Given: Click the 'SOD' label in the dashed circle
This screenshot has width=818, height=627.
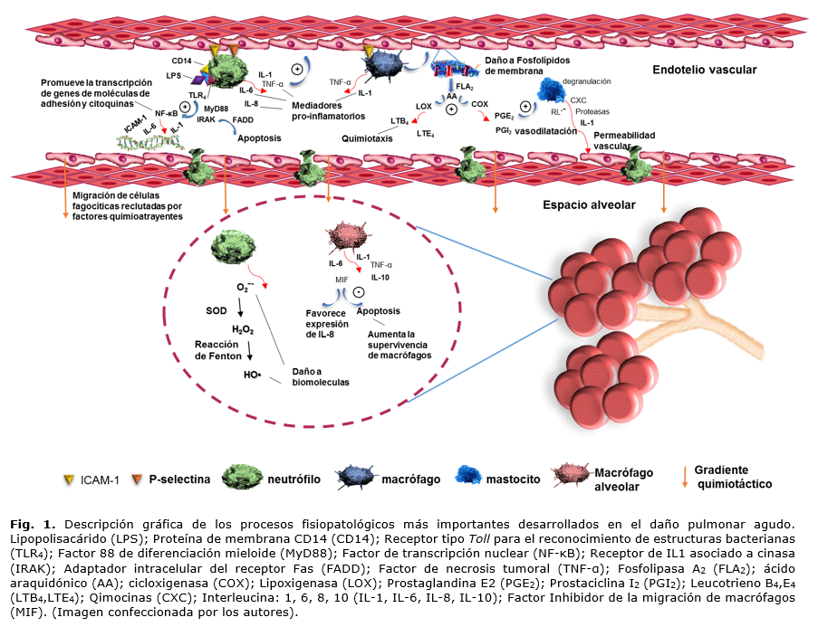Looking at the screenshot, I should [x=216, y=309].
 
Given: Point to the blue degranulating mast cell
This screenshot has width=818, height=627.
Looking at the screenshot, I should [x=553, y=90].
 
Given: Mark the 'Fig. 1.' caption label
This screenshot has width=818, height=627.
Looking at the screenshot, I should [x=34, y=524].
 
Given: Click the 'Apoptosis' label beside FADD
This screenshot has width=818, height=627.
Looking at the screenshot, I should [x=259, y=138].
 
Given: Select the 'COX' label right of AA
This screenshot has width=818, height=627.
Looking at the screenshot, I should [x=479, y=105].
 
